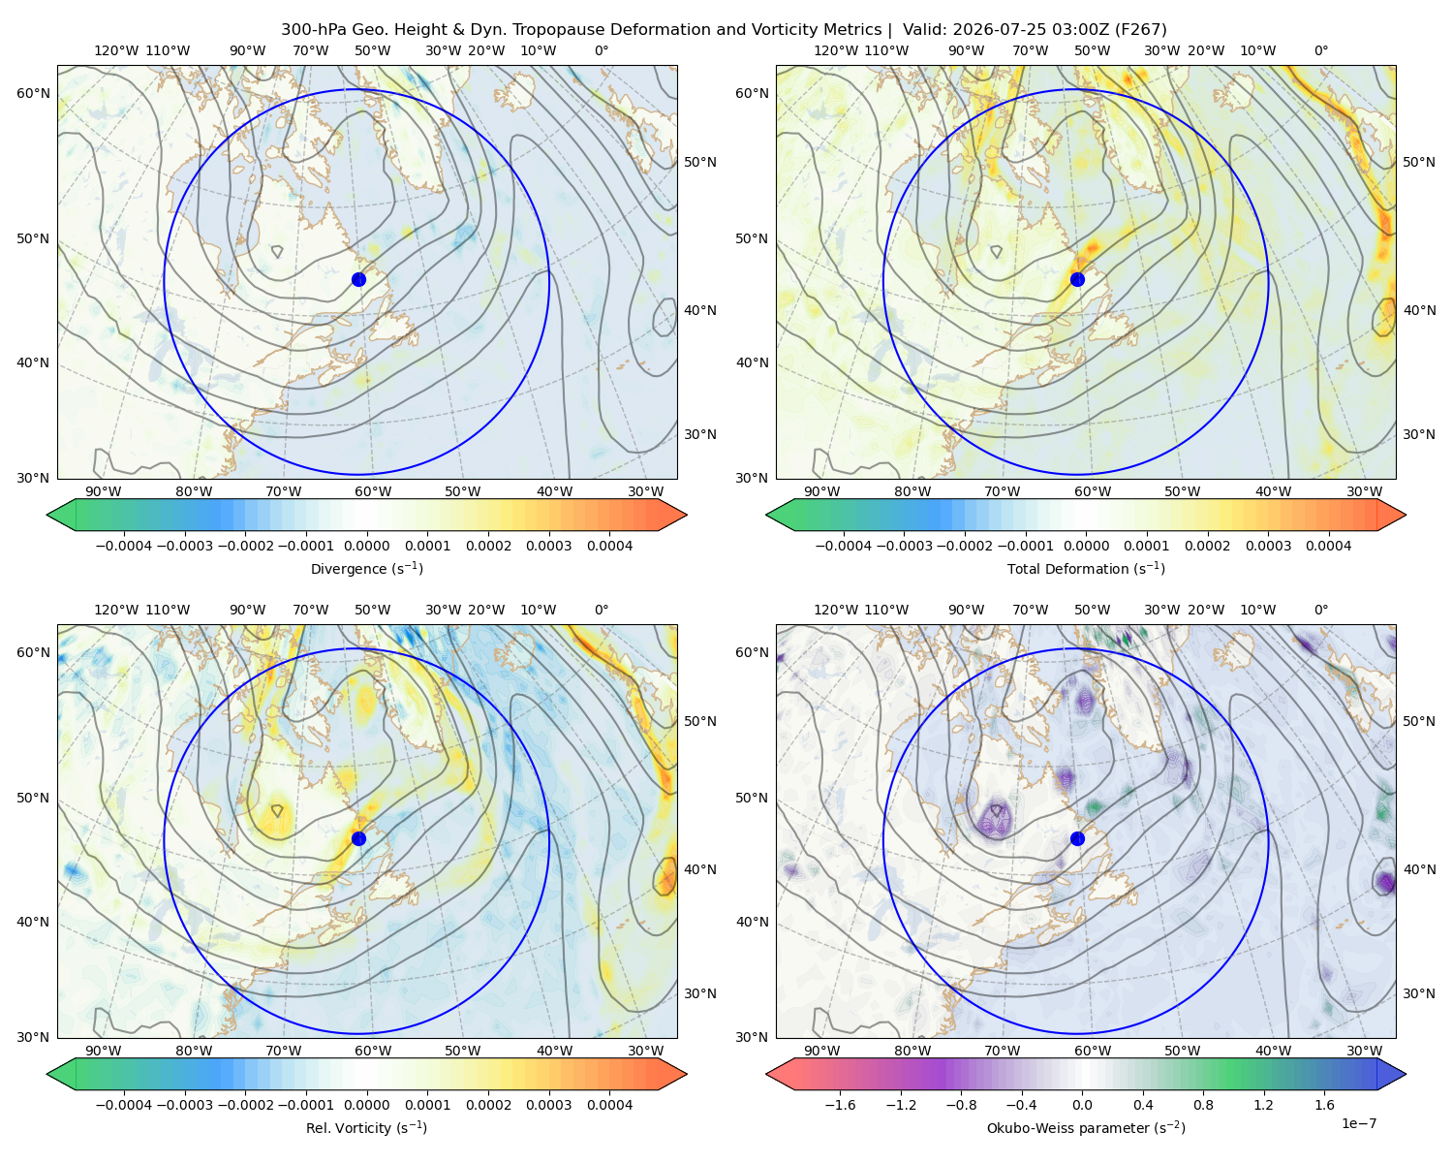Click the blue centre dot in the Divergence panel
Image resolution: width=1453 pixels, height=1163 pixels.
tap(358, 279)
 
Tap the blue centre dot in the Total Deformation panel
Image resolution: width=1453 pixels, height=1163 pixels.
tap(1077, 279)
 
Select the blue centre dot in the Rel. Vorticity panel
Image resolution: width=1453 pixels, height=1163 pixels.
tap(358, 838)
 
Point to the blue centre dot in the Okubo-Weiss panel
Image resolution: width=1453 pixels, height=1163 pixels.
tap(1077, 838)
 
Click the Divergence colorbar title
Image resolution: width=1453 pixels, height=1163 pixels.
tap(366, 568)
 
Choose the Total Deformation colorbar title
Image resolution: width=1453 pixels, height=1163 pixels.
tap(1086, 568)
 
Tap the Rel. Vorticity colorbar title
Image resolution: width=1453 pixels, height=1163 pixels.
tap(366, 1127)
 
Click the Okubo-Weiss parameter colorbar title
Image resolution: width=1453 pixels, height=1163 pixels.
tap(1086, 1127)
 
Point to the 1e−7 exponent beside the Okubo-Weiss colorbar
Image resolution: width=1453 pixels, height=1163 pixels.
tap(1358, 1123)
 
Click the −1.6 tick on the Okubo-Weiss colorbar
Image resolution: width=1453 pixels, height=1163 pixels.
tap(840, 1104)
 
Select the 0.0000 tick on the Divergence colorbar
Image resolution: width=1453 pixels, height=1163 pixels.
tap(366, 546)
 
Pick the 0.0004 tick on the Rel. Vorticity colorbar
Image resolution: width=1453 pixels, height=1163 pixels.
tap(609, 1104)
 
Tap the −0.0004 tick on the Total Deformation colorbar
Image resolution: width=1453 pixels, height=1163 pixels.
tap(843, 546)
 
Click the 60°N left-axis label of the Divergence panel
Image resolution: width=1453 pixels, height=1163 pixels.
tap(33, 93)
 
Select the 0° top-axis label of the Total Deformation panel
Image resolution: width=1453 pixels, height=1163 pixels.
tap(1320, 50)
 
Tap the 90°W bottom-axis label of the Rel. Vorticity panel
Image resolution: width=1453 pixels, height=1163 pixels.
tap(104, 1051)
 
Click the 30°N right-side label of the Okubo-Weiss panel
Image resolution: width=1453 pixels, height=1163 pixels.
tap(1418, 992)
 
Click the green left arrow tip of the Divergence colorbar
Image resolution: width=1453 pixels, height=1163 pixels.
tap(47, 515)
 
